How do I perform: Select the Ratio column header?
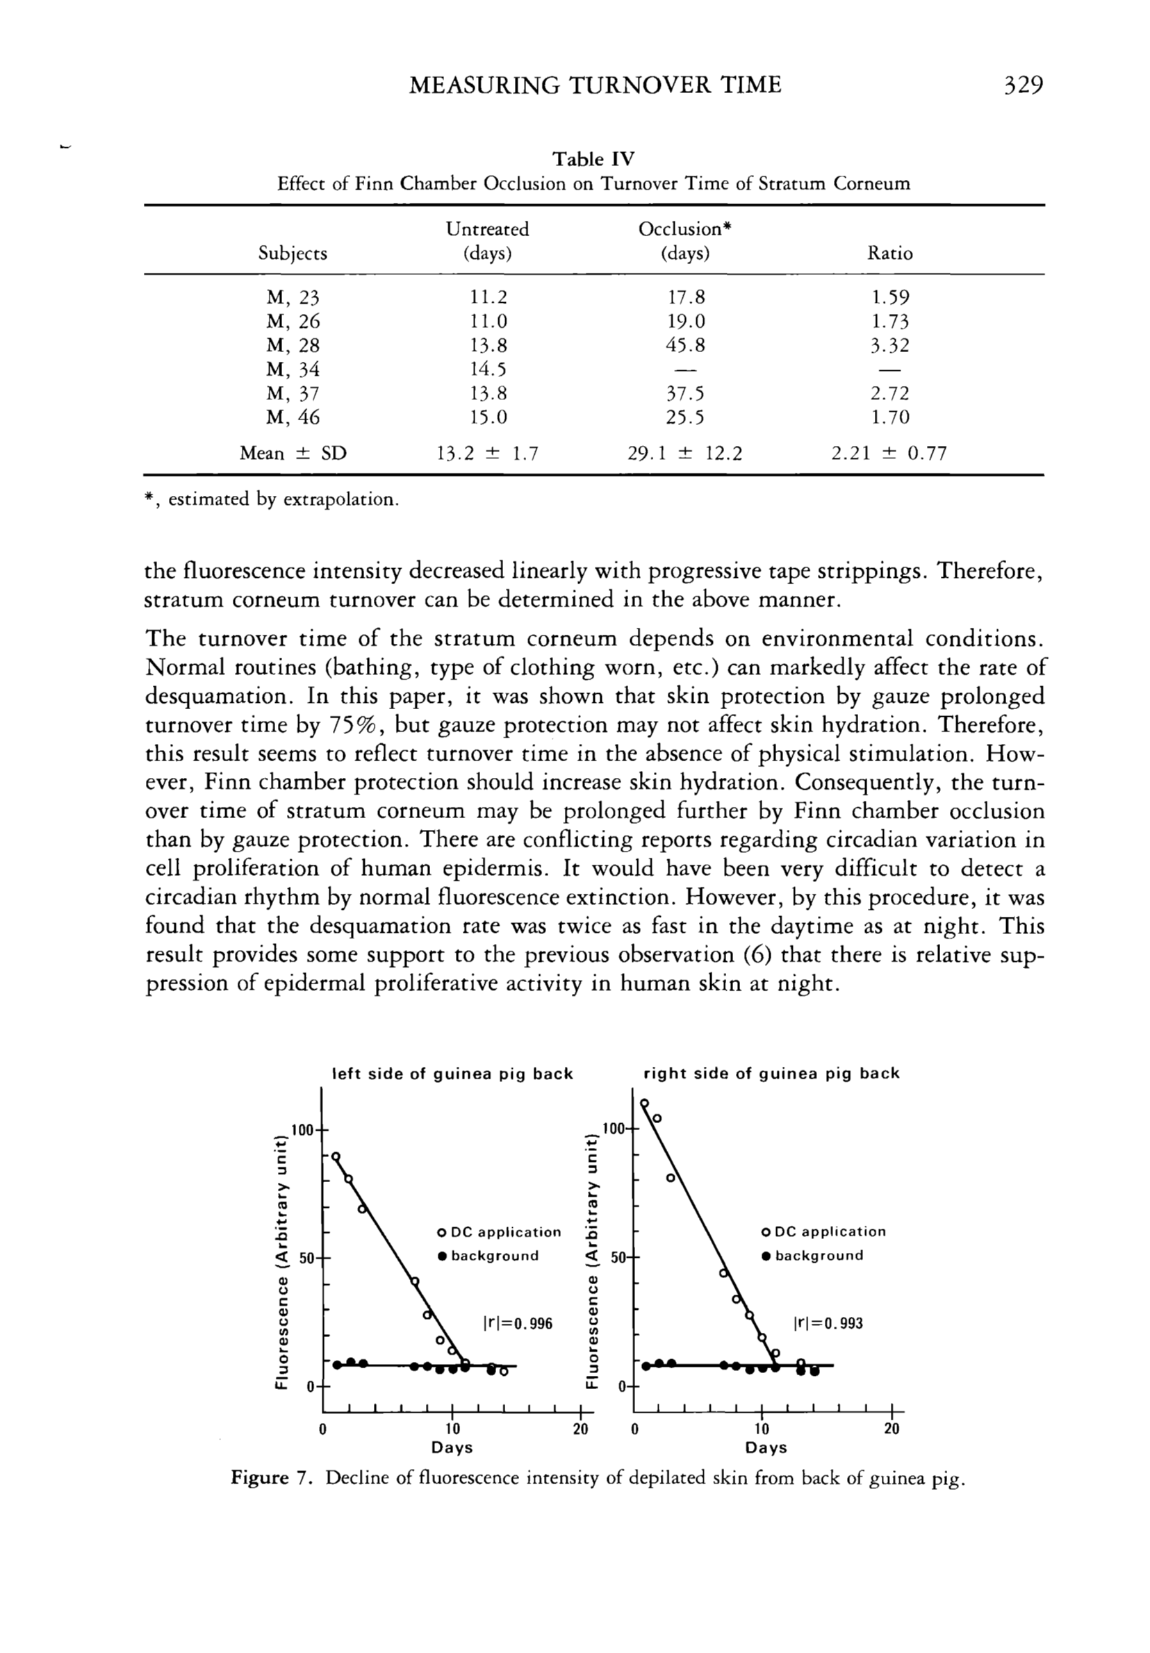coord(889,254)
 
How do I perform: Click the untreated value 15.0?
coord(488,417)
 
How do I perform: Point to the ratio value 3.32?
coord(889,345)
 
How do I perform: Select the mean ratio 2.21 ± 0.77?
coord(889,454)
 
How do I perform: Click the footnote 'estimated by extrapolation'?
coord(282,499)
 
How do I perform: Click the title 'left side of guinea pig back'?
coord(452,1074)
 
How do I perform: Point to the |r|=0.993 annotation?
coord(828,1323)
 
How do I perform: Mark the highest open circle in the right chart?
coord(645,1103)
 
